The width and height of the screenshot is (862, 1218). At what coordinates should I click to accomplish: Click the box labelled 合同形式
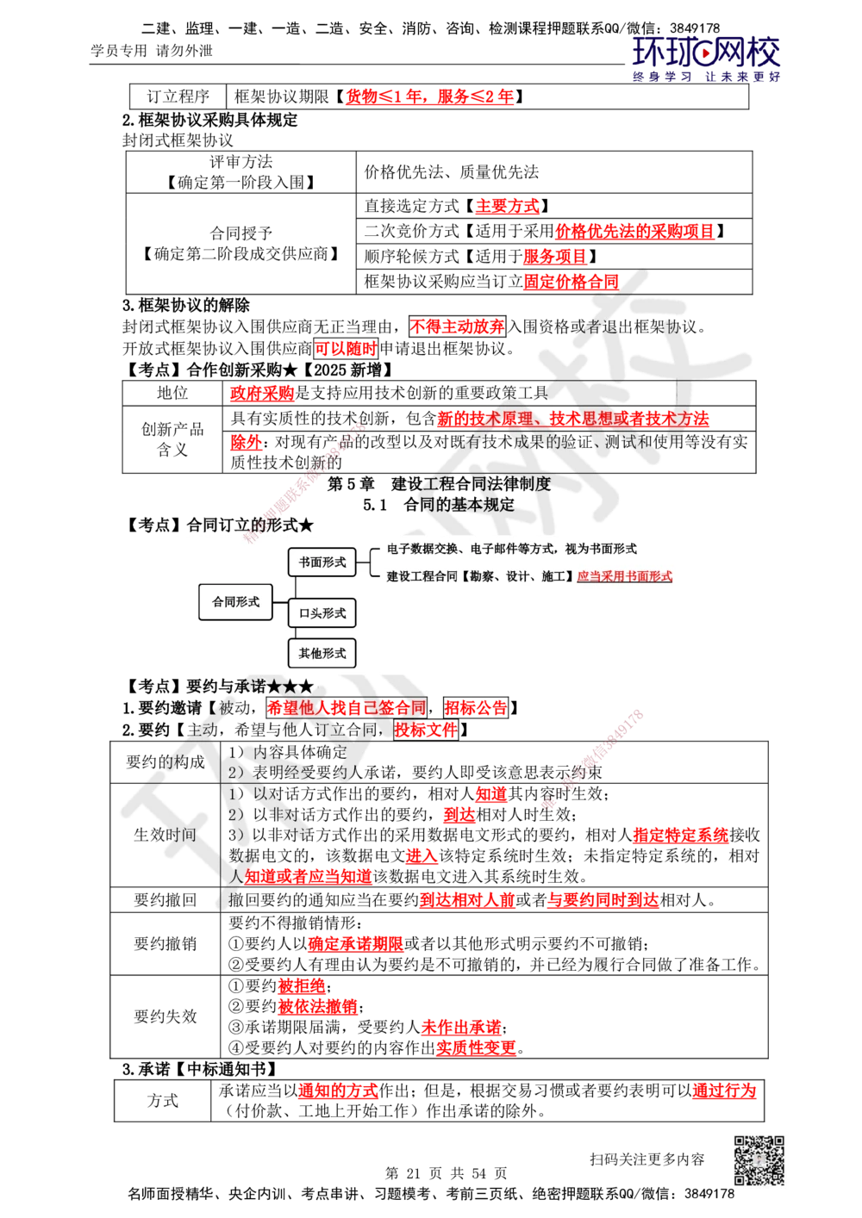click(235, 602)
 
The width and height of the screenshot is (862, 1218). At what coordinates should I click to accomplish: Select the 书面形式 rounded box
click(322, 562)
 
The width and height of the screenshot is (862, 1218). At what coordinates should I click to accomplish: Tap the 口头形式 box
click(322, 613)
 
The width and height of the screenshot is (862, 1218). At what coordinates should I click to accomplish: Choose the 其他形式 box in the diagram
click(322, 654)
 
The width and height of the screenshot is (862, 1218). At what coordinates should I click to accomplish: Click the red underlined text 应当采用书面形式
click(624, 576)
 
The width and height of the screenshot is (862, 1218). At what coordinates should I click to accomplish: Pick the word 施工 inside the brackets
click(553, 576)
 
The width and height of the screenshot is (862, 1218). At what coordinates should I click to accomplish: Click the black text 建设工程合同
click(422, 576)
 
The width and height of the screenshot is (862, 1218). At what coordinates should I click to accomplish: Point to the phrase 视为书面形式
click(601, 549)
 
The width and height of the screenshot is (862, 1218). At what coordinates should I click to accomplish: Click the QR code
click(759, 1160)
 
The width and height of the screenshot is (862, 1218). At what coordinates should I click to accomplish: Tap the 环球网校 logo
click(706, 58)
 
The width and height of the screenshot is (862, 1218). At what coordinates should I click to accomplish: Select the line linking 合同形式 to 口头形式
click(278, 607)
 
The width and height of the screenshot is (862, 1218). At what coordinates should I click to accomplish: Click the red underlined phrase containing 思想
click(572, 419)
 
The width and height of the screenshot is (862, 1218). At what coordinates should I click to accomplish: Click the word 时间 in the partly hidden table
click(181, 834)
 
